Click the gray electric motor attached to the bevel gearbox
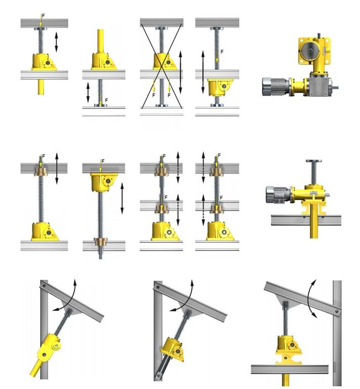click(275, 87)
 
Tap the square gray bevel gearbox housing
click(320, 86)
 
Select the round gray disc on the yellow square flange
click(310, 50)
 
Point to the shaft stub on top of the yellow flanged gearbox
click(318, 35)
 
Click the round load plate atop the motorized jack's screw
click(313, 161)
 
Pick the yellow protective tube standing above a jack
click(100, 41)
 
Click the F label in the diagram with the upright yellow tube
click(106, 100)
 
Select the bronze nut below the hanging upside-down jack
click(100, 242)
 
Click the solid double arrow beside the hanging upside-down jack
click(122, 198)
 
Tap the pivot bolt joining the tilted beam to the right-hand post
click(337, 311)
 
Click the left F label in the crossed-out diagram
click(154, 95)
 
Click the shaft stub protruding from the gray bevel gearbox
click(335, 87)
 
